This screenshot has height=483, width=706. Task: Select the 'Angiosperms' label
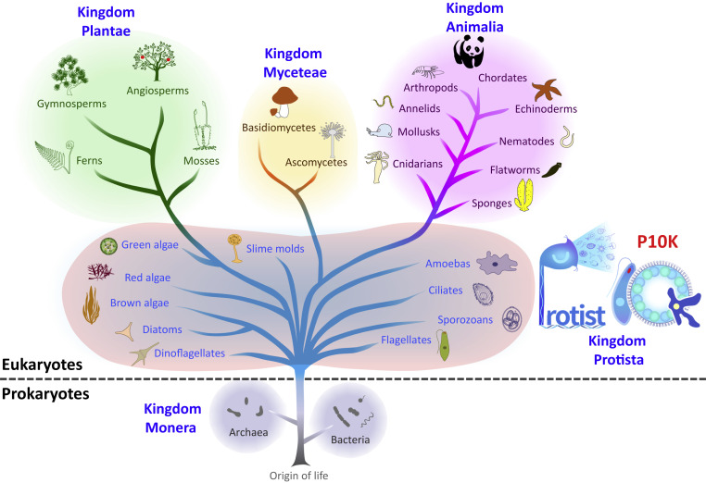pos(157,91)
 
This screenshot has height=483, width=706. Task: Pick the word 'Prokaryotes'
pos(44,393)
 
